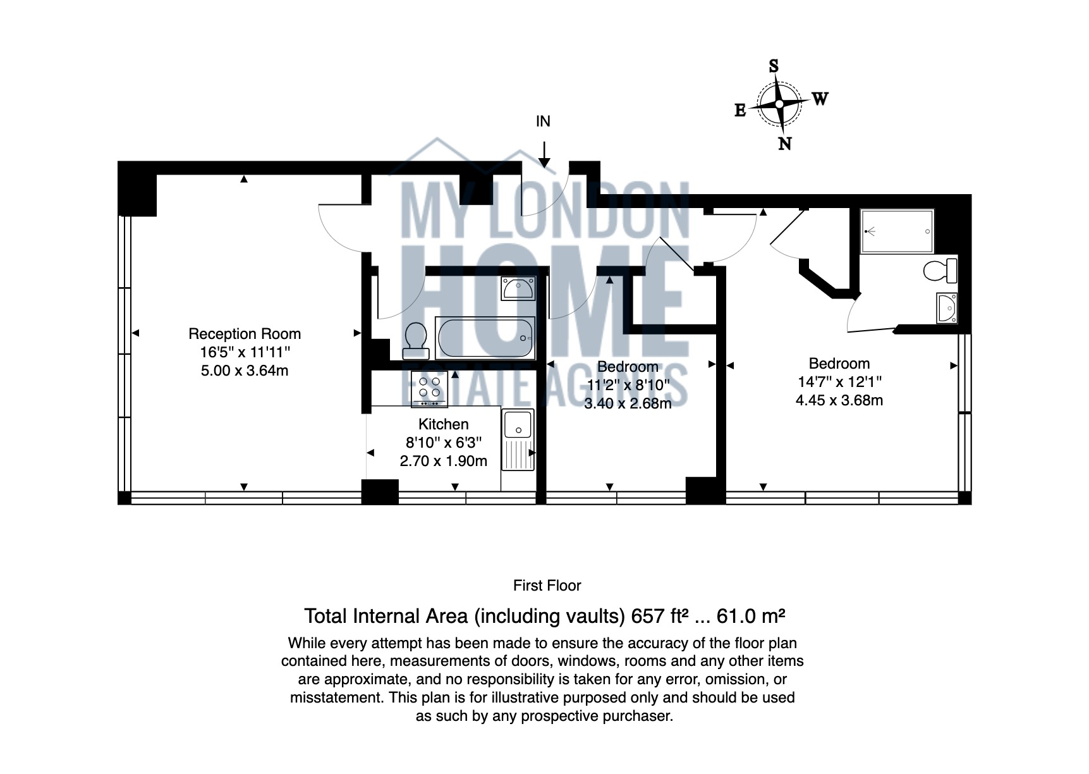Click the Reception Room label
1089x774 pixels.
[245, 334]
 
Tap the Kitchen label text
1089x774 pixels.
[443, 424]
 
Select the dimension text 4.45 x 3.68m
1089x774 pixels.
[839, 400]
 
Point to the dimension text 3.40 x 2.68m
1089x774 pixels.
[627, 403]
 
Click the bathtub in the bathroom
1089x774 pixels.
[485, 338]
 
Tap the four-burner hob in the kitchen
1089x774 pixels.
[429, 388]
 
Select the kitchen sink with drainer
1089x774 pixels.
[518, 439]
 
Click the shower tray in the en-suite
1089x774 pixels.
[897, 231]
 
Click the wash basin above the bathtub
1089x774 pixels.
[518, 288]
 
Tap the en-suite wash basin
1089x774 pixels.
[947, 308]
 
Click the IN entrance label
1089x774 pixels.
[543, 121]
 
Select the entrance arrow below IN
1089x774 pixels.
[544, 156]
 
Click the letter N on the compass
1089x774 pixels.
[784, 144]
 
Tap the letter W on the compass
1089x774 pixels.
[820, 99]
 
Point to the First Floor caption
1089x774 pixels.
[547, 586]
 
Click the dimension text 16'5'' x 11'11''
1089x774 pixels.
[245, 352]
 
